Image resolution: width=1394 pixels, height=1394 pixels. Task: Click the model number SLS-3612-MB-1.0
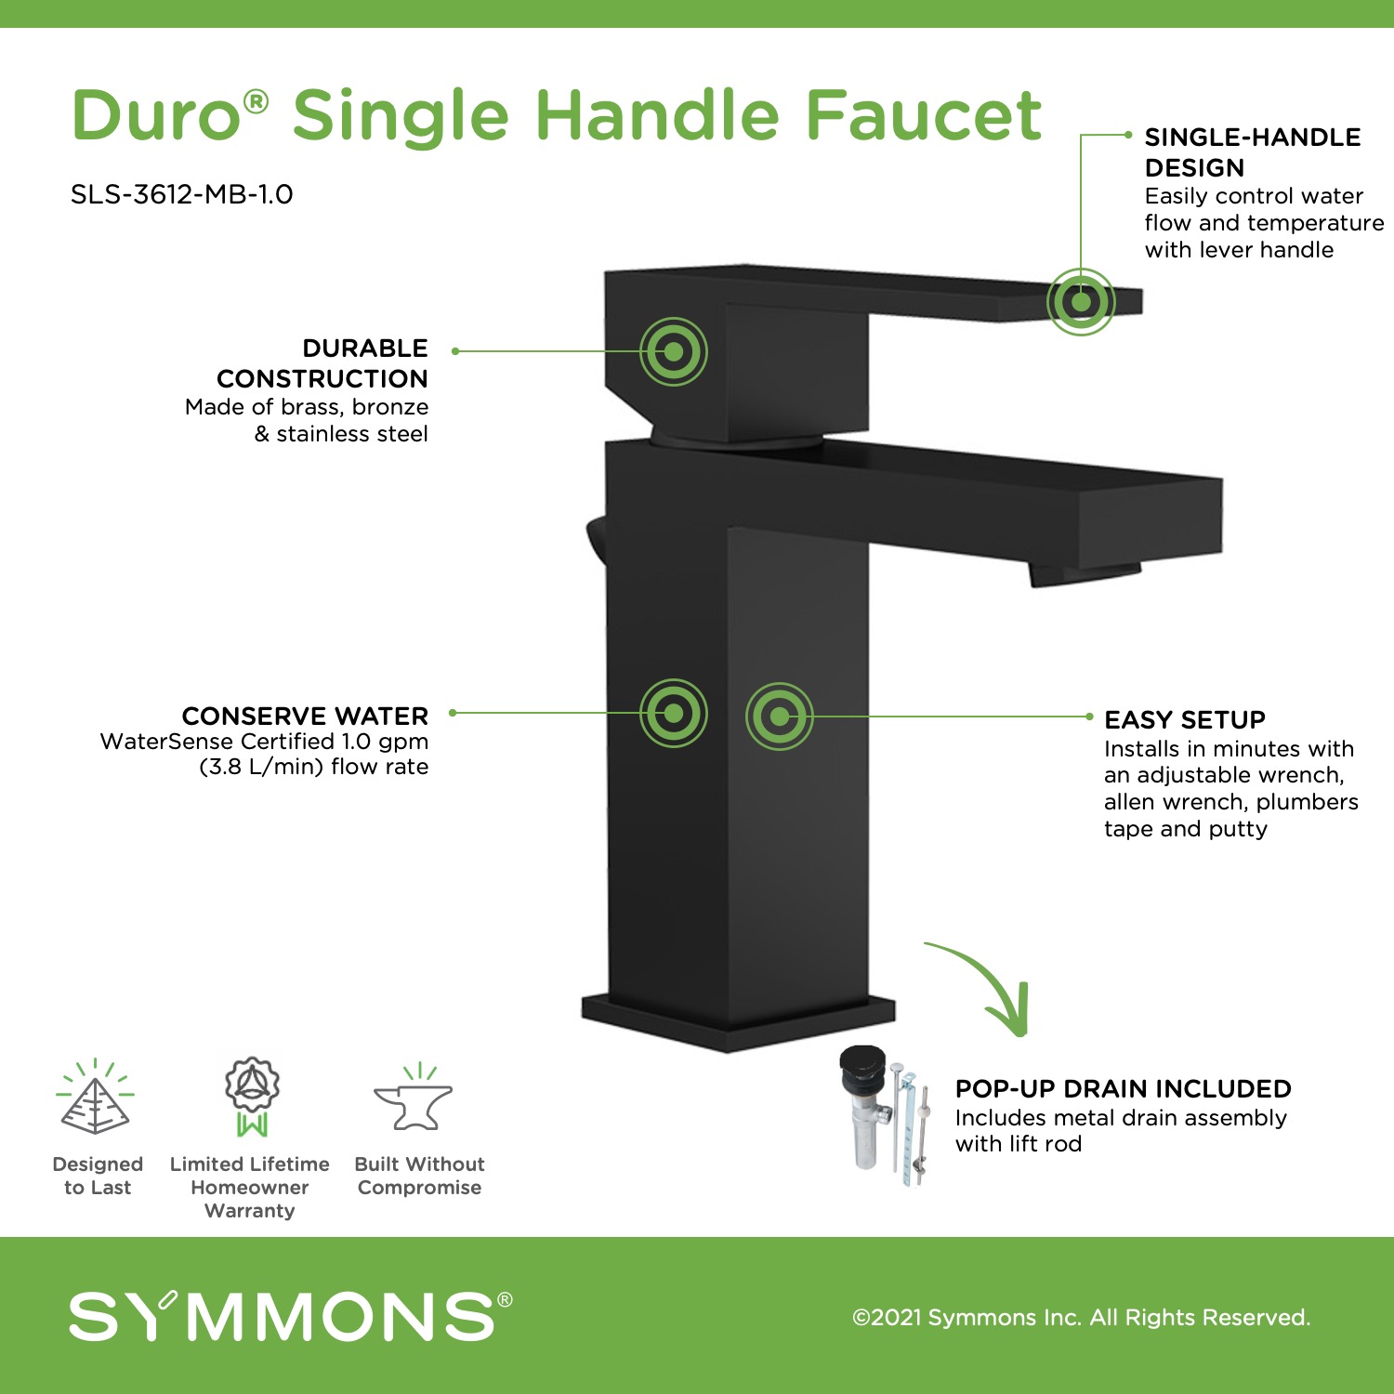182,194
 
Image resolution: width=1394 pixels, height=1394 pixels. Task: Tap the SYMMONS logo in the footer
291,1315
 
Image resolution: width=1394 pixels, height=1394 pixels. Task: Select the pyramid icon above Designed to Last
96,1096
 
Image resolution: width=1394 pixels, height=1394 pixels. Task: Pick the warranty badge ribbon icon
252,1097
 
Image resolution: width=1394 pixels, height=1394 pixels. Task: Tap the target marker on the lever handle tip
1081,301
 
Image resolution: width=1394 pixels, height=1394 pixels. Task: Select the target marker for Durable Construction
674,351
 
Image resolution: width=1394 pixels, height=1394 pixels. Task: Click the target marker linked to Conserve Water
674,713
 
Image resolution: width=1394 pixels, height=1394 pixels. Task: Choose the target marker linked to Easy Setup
780,716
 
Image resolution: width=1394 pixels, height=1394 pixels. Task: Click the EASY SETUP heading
1185,720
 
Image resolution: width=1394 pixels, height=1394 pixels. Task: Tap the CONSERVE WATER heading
305,716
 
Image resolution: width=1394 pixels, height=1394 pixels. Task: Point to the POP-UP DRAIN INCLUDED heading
1124,1088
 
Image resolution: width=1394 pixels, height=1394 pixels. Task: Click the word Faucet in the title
924,115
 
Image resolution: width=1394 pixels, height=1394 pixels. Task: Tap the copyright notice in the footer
1082,1317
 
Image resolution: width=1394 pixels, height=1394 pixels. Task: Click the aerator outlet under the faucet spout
1084,573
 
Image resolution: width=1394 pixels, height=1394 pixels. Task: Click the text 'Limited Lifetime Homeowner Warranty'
250,1187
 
